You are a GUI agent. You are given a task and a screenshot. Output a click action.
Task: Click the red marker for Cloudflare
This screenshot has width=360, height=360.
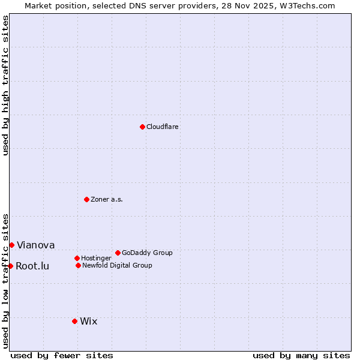(142, 127)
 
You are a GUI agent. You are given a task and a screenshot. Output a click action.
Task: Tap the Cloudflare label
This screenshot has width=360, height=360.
(163, 127)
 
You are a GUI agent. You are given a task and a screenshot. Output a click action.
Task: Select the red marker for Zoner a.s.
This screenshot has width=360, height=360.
(86, 199)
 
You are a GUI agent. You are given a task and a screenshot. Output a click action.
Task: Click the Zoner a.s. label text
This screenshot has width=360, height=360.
(107, 200)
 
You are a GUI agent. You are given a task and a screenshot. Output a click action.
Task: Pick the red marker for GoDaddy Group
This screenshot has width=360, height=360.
(118, 253)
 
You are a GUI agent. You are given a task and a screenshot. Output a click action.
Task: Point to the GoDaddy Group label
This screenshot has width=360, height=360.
(147, 253)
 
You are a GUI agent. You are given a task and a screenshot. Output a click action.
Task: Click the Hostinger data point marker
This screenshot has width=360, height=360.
(77, 258)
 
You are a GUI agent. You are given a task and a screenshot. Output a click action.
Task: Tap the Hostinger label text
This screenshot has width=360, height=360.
(96, 259)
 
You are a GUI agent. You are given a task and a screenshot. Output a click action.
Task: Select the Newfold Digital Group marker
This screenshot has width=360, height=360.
(78, 265)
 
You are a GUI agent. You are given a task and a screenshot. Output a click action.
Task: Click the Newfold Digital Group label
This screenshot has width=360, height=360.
(117, 266)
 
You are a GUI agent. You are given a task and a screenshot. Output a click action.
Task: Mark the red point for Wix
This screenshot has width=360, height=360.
(74, 321)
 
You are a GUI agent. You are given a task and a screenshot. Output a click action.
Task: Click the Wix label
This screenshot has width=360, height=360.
(89, 322)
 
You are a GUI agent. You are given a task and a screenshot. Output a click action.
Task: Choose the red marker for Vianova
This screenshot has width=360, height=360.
(11, 245)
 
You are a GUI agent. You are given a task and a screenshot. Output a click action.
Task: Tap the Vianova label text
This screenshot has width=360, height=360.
(35, 245)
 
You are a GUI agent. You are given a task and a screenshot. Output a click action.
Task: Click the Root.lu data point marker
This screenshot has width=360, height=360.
(10, 266)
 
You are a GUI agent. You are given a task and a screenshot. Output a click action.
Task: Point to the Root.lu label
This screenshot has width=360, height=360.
(32, 266)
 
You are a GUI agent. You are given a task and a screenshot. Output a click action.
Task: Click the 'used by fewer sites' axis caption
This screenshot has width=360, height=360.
(62, 356)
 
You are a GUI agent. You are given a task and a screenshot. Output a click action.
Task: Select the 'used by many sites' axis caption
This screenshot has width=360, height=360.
(301, 356)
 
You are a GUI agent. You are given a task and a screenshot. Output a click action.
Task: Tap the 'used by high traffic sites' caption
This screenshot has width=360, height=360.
(6, 85)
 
